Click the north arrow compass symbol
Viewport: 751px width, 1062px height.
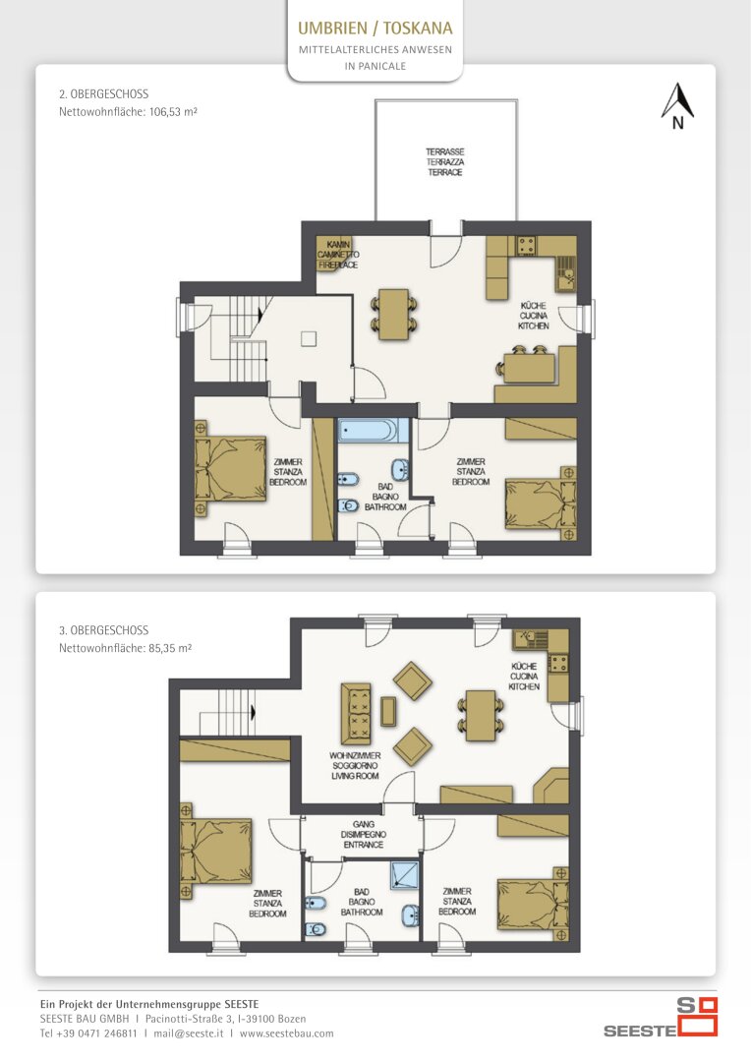coord(677,105)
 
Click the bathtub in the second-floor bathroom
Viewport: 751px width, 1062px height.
coord(374,431)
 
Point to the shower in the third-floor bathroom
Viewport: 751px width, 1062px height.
coord(404,874)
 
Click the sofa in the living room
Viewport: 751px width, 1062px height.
coord(356,714)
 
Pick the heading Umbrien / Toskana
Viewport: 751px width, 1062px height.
coord(375,29)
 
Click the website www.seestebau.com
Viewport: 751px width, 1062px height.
coord(286,1033)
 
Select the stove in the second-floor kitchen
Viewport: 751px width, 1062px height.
coord(526,245)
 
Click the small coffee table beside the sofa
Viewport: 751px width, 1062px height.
coord(388,711)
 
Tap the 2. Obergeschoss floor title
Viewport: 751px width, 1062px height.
coord(103,94)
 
